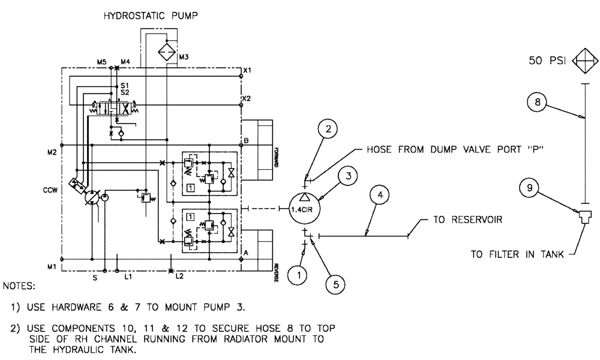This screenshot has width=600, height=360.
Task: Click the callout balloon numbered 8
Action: pos(538,102)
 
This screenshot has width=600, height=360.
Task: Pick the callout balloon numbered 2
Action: pos(328,128)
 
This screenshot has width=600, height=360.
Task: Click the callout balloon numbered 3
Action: pos(347,176)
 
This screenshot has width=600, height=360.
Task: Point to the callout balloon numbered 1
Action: pos(297,275)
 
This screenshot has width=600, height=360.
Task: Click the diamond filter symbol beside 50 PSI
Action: pos(586,61)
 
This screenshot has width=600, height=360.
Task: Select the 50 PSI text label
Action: pos(547,61)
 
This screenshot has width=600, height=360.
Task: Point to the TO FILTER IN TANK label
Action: pos(517,254)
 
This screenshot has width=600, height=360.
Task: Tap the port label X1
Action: pos(247,71)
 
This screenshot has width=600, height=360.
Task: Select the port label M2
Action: pos(52,151)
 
